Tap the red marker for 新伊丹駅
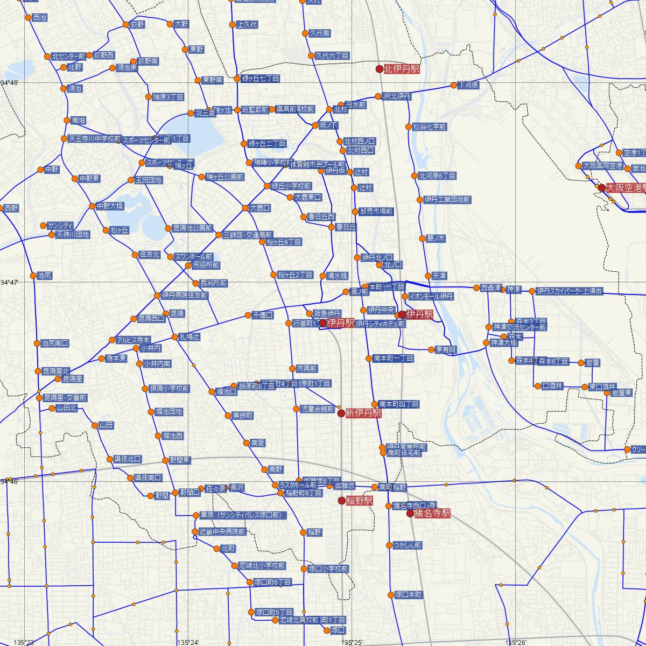point(341,413)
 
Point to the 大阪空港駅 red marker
point(602,188)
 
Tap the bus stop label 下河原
point(468,85)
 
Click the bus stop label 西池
point(40,18)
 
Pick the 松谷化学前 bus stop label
point(430,127)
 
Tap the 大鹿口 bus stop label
point(259,207)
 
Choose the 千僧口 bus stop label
point(263,314)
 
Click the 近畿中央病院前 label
point(222,532)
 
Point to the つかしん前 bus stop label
point(408,545)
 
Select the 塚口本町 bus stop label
point(409,595)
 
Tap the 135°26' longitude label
point(515,642)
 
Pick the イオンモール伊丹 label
point(431,297)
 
